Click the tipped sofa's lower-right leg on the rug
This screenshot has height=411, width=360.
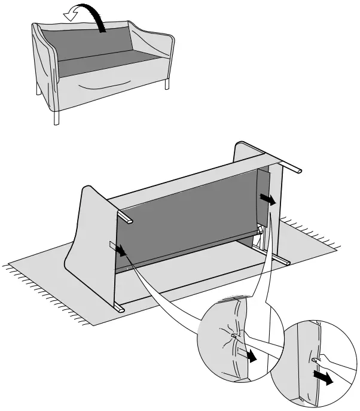coord(283,261)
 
